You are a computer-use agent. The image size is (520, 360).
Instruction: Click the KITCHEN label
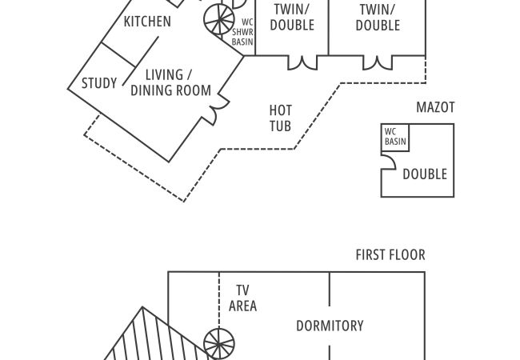(147, 22)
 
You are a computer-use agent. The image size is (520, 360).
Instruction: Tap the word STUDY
(99, 82)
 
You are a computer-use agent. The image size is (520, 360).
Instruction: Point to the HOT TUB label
(280, 118)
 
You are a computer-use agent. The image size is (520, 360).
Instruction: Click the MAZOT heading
(435, 107)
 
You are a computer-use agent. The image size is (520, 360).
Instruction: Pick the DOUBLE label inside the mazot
(424, 174)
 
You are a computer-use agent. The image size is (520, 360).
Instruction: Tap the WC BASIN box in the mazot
(395, 137)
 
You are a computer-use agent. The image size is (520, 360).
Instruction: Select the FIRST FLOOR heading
(390, 255)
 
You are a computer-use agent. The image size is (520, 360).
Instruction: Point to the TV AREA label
(242, 298)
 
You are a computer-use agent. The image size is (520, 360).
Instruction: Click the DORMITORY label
(330, 326)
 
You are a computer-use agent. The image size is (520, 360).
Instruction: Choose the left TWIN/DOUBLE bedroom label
(292, 17)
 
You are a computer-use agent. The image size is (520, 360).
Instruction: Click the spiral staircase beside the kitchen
(218, 18)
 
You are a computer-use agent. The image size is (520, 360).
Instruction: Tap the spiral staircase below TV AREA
(218, 345)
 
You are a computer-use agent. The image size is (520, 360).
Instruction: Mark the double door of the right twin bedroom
(377, 62)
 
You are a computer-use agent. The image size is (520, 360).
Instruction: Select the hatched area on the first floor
(152, 340)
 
